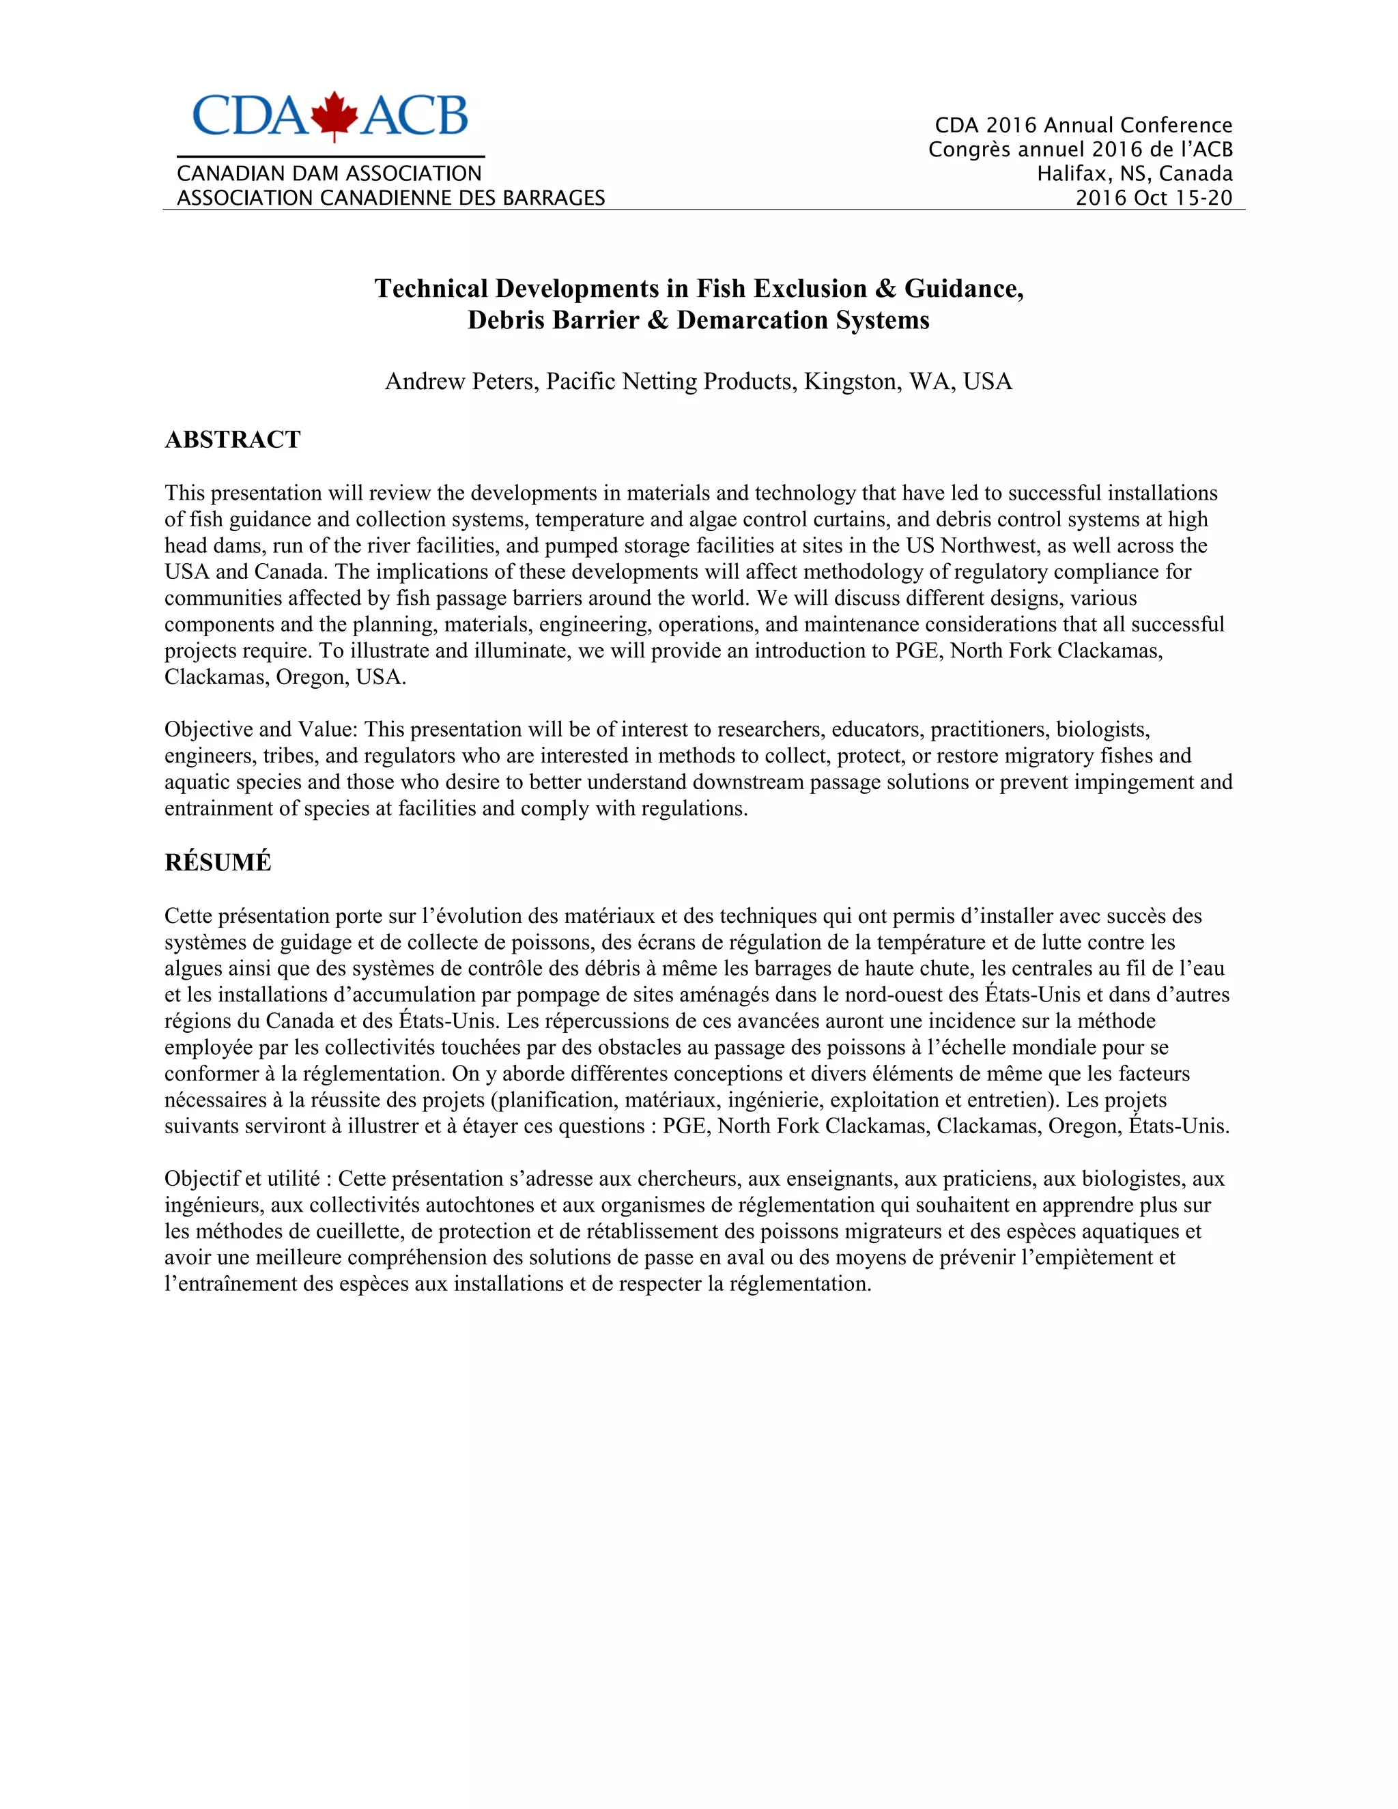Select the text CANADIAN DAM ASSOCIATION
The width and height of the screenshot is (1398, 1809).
coord(329,174)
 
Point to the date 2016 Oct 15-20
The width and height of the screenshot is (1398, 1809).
coord(1153,198)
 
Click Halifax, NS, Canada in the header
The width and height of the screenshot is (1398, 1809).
coord(1134,174)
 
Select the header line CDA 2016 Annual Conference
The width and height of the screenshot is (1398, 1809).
coord(1083,126)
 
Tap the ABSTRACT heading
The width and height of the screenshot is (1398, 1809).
coord(232,440)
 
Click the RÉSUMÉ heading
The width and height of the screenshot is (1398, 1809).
coord(217,862)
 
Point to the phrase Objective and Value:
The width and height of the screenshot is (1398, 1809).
coord(261,730)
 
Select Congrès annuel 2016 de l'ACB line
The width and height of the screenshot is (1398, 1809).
coord(1080,150)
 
